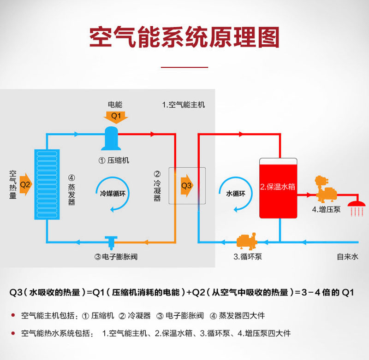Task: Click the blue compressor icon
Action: coord(111,138)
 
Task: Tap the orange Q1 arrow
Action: coord(116,118)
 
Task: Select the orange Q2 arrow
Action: coord(26,184)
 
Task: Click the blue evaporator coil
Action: coord(47,184)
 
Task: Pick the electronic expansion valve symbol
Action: coord(111,242)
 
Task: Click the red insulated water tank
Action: coord(278,189)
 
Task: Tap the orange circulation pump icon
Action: coord(246,241)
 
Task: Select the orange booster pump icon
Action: coord(326,189)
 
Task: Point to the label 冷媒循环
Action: coord(113,194)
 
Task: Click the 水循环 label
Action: coord(236,194)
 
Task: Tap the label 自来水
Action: coord(348,257)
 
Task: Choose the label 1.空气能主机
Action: coord(183,105)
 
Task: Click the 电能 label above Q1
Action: coord(115,104)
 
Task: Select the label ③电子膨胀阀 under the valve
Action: coord(116,257)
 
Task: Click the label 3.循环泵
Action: coord(248,257)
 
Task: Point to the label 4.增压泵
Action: coord(326,209)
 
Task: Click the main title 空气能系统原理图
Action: coord(184,37)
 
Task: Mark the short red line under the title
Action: coord(184,67)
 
